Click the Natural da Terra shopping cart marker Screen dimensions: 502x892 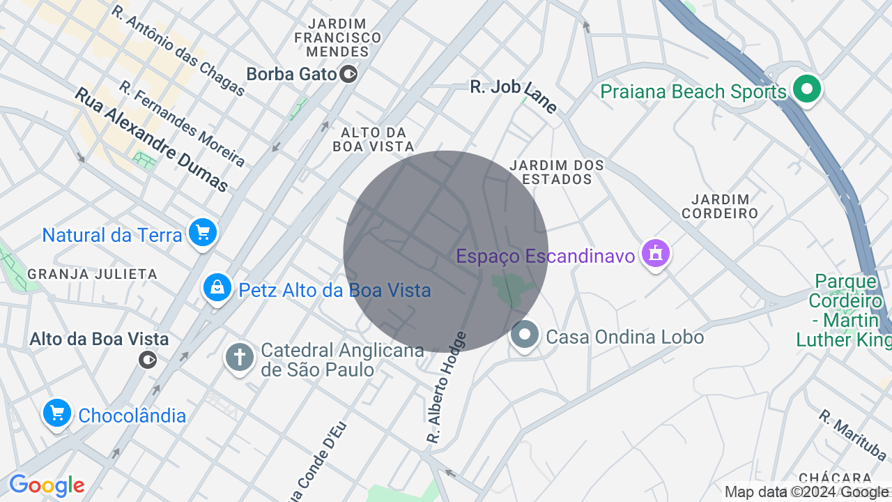click(203, 233)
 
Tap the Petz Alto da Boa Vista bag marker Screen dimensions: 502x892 click(217, 287)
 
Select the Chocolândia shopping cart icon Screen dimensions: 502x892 click(57, 413)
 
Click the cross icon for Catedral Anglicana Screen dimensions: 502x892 click(240, 358)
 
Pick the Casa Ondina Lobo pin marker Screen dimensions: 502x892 click(525, 335)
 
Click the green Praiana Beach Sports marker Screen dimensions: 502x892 click(808, 89)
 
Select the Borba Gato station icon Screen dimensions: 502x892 click(349, 73)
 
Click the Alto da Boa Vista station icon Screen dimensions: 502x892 click(148, 360)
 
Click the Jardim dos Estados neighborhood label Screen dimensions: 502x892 click(557, 172)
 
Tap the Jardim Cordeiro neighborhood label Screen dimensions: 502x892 click(720, 207)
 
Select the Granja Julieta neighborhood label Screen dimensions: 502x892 click(92, 274)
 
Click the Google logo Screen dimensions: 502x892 click(47, 485)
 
